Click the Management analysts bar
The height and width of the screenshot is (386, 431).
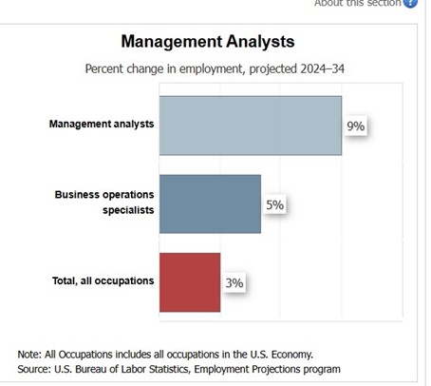click(x=250, y=125)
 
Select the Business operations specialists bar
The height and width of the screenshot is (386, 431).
click(x=210, y=203)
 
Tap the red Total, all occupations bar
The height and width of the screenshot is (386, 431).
click(x=190, y=282)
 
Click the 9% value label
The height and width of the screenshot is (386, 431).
click(x=355, y=126)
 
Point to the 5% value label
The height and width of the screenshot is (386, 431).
click(x=274, y=204)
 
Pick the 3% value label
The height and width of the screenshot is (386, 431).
click(x=234, y=283)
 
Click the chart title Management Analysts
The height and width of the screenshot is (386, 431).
click(x=208, y=42)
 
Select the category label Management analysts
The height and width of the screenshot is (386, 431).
click(x=102, y=125)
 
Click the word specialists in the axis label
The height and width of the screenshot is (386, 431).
click(x=128, y=210)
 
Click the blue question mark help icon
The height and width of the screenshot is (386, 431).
click(x=410, y=3)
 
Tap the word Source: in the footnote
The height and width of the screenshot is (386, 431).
click(x=37, y=368)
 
